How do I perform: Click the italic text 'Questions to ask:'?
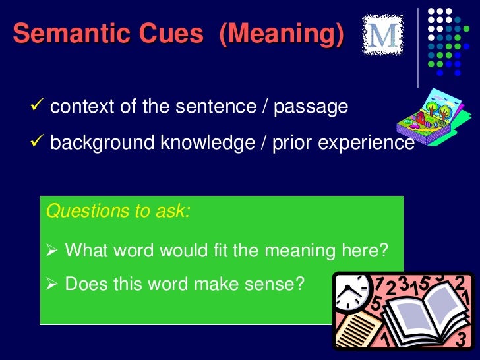point(118,212)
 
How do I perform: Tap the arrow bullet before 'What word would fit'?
point(54,251)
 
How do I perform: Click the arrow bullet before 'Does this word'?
point(54,284)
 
